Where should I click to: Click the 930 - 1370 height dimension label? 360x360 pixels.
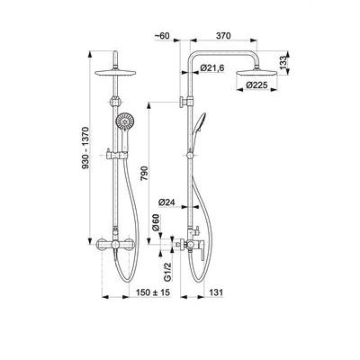tap(85, 148)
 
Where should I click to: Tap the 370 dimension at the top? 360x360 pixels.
tap(223, 35)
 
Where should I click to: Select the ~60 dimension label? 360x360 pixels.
tap(162, 35)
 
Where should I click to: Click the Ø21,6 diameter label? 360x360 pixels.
tap(212, 68)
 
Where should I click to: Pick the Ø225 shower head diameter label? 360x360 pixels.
tap(256, 85)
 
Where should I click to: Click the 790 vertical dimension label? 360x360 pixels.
tap(144, 173)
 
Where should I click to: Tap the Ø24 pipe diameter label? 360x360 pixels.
tap(166, 202)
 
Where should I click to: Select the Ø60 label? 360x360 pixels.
tap(156, 222)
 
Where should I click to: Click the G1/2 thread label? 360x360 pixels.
tap(167, 272)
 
